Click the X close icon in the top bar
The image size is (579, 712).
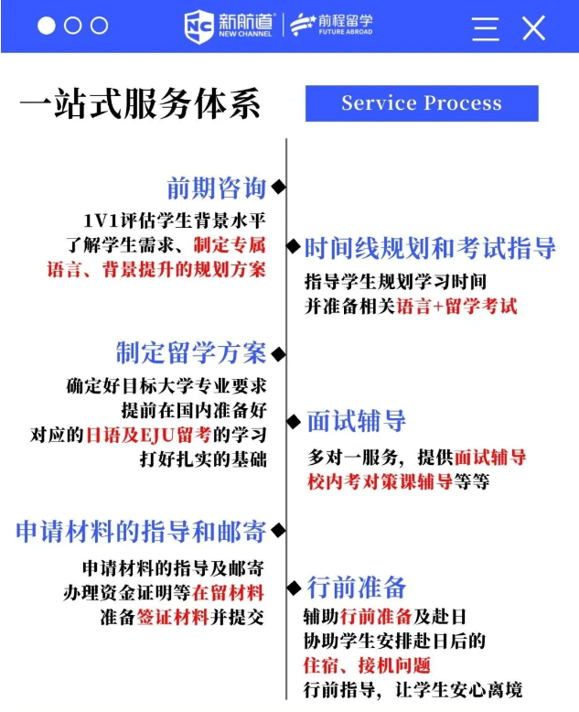click(x=534, y=27)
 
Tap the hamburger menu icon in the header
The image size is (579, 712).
click(x=485, y=27)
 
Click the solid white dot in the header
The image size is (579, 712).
click(x=47, y=27)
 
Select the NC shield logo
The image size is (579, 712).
click(x=198, y=27)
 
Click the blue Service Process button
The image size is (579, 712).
click(x=422, y=103)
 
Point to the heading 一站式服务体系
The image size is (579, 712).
click(x=140, y=103)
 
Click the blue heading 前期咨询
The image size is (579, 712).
click(x=216, y=189)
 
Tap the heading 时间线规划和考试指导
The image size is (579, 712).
click(x=429, y=247)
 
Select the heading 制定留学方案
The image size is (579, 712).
click(x=190, y=352)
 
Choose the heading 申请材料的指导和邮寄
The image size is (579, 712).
click(x=141, y=531)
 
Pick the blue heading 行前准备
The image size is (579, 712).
click(x=356, y=587)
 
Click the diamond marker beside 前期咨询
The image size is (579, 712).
click(x=278, y=188)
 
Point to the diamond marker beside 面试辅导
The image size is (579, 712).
click(x=294, y=421)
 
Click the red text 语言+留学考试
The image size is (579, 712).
click(x=456, y=307)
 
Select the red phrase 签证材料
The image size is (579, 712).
click(x=173, y=617)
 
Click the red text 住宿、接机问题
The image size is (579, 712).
click(x=367, y=665)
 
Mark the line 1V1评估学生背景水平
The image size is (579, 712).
click(x=174, y=221)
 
